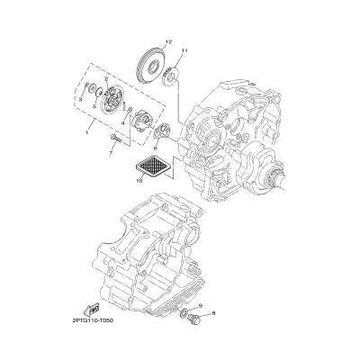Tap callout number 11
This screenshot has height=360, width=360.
(x=184, y=50)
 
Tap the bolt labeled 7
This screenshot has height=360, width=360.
(x=117, y=140)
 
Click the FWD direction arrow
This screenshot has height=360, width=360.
(x=93, y=310)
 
